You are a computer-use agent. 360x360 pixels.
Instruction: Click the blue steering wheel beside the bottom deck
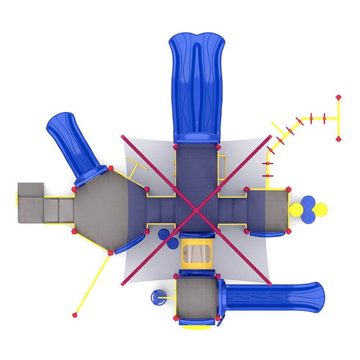tap(158, 298)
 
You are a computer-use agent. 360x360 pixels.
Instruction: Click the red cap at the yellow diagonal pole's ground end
tap(74, 315)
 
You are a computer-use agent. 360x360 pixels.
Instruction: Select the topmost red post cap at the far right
tap(339, 97)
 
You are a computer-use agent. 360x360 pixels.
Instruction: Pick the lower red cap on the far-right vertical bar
tap(339, 138)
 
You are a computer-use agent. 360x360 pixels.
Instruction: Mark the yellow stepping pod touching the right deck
tap(296, 210)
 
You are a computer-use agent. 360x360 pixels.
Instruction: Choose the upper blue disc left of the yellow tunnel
tap(164, 234)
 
